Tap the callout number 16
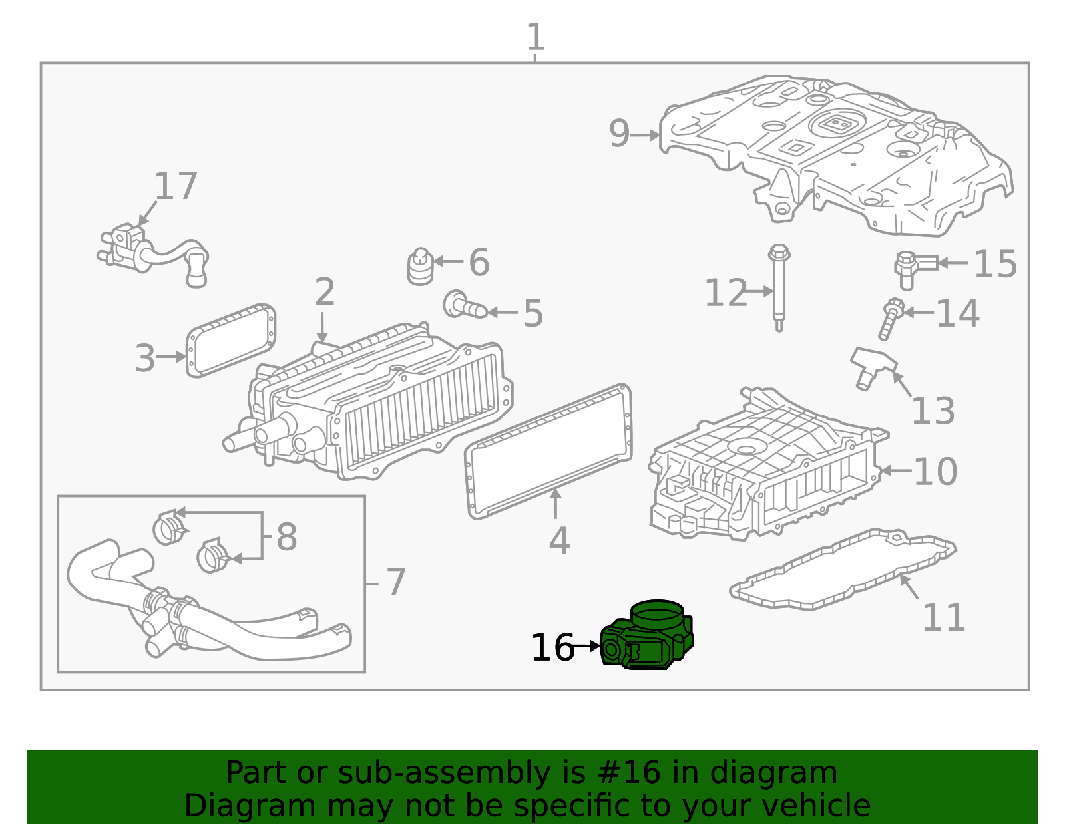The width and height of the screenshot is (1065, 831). (x=552, y=647)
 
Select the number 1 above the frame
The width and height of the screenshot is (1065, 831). (x=535, y=37)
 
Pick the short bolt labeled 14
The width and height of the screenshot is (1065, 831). (x=890, y=319)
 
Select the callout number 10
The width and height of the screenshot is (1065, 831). (x=935, y=472)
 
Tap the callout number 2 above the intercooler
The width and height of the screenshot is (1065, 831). (x=324, y=292)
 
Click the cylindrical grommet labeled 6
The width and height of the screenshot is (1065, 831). (x=420, y=267)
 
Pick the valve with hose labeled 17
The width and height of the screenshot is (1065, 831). (x=153, y=253)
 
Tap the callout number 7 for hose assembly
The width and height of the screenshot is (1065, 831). (x=395, y=582)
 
